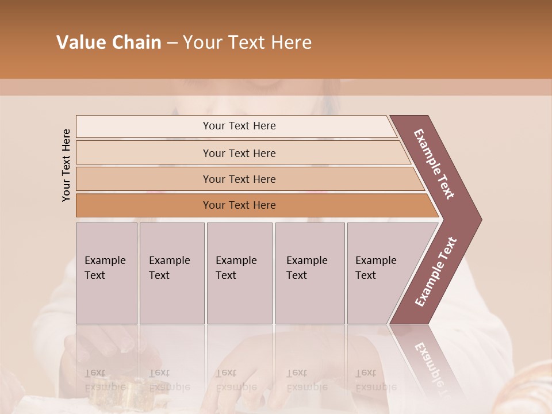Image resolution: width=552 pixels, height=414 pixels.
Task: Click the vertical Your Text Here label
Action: tap(66, 165)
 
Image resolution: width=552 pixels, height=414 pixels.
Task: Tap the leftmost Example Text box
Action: tap(106, 273)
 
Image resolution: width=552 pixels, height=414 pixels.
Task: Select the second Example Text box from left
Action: tap(171, 273)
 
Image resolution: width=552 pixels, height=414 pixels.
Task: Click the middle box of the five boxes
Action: tap(239, 273)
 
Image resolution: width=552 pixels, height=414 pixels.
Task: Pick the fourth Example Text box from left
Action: tap(310, 273)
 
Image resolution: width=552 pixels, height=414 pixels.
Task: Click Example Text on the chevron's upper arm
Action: tap(434, 164)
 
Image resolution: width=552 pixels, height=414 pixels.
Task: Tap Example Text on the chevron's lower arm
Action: tap(436, 271)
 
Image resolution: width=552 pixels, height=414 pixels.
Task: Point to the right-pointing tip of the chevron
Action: tap(478, 220)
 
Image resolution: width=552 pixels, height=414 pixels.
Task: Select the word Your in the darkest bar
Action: tap(213, 205)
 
